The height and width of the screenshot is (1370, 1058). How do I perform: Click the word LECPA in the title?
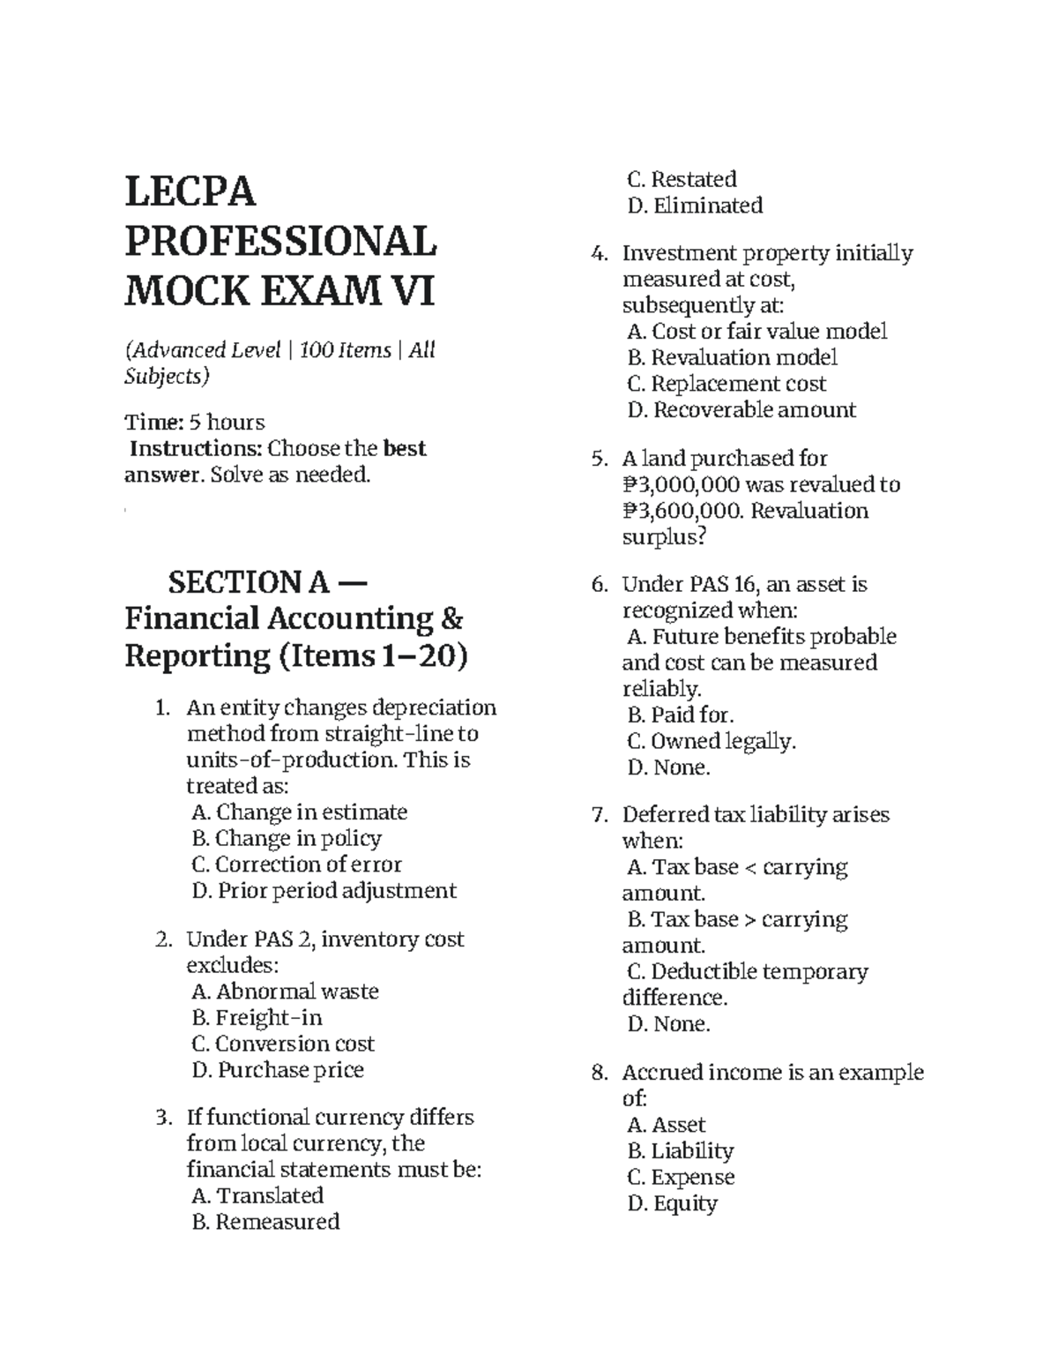(190, 191)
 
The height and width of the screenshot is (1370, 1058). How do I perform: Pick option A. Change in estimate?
(299, 812)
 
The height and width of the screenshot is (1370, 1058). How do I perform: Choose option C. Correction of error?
(296, 865)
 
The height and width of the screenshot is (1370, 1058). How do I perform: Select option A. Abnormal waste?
(285, 992)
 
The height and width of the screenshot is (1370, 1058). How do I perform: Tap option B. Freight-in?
(257, 1018)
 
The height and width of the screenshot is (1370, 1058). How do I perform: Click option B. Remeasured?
(265, 1222)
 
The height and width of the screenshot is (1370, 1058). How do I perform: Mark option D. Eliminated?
(695, 206)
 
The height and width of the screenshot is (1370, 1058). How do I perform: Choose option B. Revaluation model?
(732, 358)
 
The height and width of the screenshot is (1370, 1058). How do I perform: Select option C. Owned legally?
(712, 742)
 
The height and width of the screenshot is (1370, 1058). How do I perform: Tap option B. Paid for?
(680, 715)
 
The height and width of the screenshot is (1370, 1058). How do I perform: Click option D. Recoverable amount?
(741, 410)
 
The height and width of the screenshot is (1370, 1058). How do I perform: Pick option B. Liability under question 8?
(680, 1151)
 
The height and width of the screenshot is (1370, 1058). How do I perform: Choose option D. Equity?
(672, 1204)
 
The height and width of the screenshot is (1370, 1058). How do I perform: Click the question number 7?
(600, 815)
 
